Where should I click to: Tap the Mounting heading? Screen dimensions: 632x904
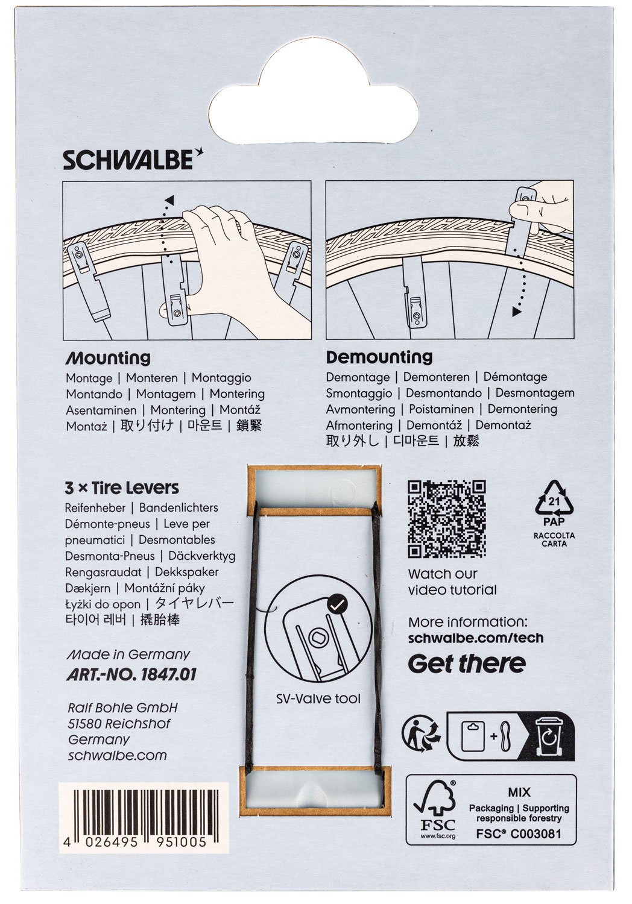108,359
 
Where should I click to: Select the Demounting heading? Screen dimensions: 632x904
379,357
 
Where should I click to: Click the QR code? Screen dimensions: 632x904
447,519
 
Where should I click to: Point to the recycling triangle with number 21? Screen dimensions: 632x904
554,499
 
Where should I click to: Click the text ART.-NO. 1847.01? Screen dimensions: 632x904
131,674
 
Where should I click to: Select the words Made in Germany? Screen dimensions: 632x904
128,654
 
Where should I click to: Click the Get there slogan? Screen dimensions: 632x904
467,664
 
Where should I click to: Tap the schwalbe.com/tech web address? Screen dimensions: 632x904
476,638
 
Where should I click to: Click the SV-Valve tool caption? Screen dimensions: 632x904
318,699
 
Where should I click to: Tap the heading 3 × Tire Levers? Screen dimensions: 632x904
122,488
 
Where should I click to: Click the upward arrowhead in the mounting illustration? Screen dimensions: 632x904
169,200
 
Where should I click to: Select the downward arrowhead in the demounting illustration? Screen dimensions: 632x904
516,312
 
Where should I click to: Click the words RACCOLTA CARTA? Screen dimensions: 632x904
554,539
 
